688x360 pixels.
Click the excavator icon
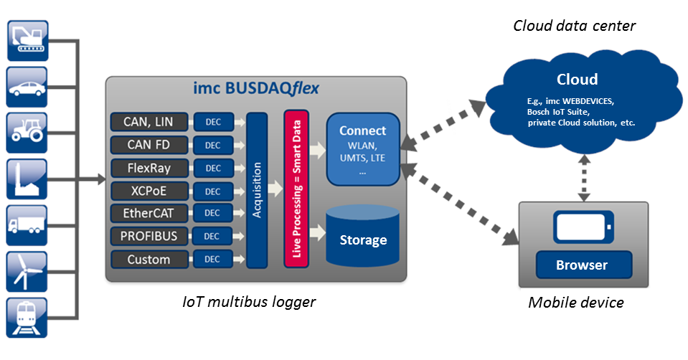(x=27, y=40)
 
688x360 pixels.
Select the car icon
(x=27, y=86)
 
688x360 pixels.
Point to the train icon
(x=27, y=316)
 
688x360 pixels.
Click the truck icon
(x=27, y=224)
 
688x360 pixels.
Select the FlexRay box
(x=149, y=169)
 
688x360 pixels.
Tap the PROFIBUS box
(x=149, y=236)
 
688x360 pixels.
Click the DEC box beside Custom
(x=213, y=260)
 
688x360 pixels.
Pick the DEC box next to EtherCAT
(x=213, y=214)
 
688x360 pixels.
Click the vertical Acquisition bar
(x=257, y=189)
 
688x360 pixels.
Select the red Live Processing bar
(x=296, y=189)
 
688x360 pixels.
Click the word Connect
(x=362, y=131)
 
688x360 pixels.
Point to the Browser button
(x=582, y=265)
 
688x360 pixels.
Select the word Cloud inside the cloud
(x=578, y=80)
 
